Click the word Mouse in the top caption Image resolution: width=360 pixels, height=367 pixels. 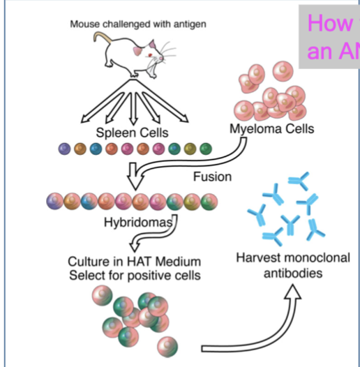click(x=86, y=24)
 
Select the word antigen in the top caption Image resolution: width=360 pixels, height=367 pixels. click(x=189, y=24)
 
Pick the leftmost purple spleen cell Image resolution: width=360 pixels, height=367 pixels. click(x=65, y=149)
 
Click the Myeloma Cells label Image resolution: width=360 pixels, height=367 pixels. click(x=271, y=128)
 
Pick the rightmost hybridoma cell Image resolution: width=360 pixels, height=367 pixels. click(x=209, y=202)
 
